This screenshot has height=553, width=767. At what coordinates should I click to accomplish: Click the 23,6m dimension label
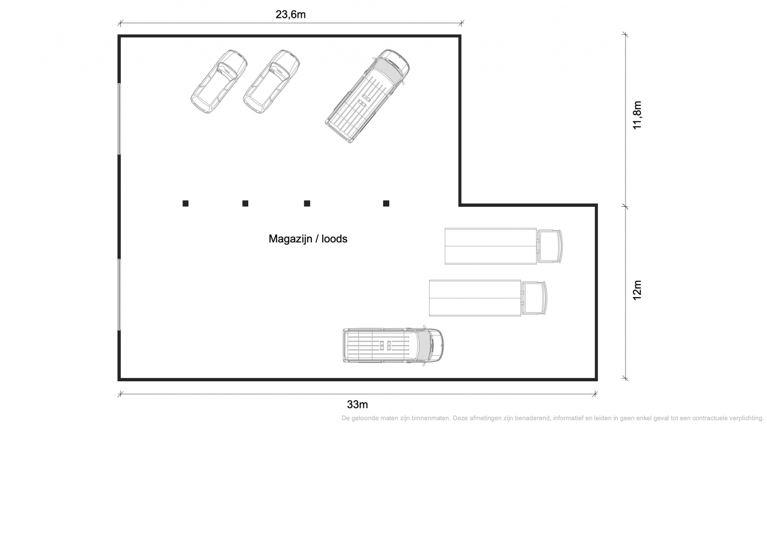pos(290,15)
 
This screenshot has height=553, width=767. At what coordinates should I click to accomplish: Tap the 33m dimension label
pos(357,404)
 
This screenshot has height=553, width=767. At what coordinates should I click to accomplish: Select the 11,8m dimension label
pos(637,115)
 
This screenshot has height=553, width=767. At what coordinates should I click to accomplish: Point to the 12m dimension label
pos(637,290)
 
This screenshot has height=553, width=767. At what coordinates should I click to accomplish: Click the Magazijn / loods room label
pos(308,239)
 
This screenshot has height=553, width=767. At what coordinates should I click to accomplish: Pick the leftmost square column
pos(185,204)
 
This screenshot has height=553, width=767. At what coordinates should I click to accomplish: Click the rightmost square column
pos(386,204)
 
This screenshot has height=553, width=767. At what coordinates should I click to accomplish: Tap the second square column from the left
pos(245,204)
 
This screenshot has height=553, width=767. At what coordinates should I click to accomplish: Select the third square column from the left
pos(307,204)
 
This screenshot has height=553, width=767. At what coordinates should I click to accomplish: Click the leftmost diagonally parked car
pos(219,82)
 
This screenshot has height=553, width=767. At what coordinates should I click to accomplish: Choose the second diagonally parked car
pos(271,82)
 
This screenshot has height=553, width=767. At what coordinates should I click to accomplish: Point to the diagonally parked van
pos(367,96)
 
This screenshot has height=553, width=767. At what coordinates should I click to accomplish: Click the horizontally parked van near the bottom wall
pos(393,346)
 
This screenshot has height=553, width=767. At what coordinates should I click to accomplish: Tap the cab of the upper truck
pos(549,246)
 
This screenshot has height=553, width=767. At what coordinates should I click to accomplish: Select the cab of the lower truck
pos(534,298)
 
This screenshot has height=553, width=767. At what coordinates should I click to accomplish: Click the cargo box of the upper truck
pos(490,246)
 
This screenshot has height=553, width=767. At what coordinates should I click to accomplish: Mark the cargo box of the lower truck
pos(475,298)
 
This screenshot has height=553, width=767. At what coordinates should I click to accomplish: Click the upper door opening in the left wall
pos(119,119)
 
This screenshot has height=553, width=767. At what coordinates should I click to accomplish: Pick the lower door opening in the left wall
pos(119,295)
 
